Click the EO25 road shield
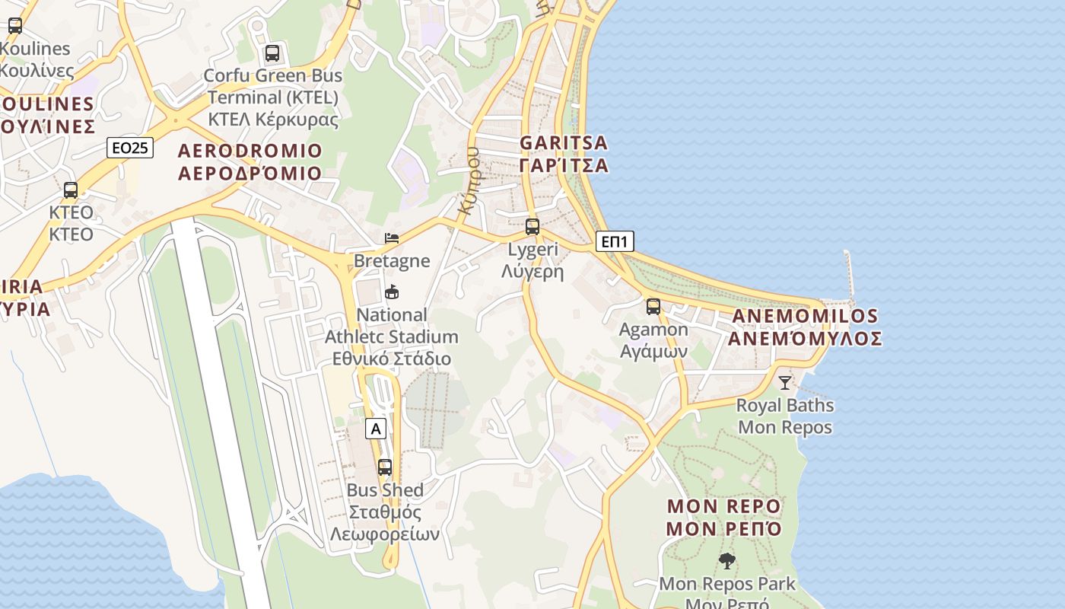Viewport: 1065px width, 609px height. coord(130,148)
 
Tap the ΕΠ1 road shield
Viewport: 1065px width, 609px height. coord(614,242)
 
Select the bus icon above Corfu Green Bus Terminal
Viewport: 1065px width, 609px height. coord(272,53)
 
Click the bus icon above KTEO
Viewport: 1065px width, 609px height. coord(71,190)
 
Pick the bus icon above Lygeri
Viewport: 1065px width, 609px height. coord(532,226)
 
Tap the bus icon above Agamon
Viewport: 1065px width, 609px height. coord(653,307)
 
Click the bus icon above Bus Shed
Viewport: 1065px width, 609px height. coord(385,467)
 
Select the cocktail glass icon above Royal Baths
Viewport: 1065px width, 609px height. coord(785,382)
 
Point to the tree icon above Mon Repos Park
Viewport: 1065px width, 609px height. coord(727,561)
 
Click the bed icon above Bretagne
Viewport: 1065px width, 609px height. coord(392,238)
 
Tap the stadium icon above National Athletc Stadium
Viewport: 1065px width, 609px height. coord(392,292)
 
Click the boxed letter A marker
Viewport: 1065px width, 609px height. coord(375,429)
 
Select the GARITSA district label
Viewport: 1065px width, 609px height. coord(564,154)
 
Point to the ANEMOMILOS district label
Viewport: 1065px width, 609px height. coord(805,327)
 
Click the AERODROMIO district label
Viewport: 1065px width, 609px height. coord(250,161)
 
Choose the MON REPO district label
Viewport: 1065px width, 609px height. coord(724,518)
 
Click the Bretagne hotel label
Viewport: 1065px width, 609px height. coord(392,261)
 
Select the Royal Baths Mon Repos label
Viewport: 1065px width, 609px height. coord(785,416)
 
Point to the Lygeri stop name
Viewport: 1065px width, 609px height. coord(532,260)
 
